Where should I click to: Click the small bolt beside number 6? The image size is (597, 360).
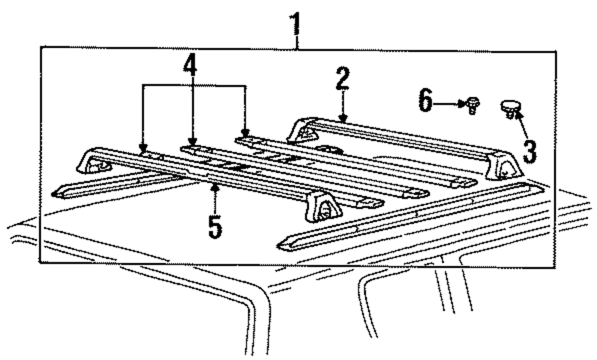point(473,105)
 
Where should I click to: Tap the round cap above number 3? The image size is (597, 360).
point(510,108)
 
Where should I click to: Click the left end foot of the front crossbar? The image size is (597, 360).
point(93,162)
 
